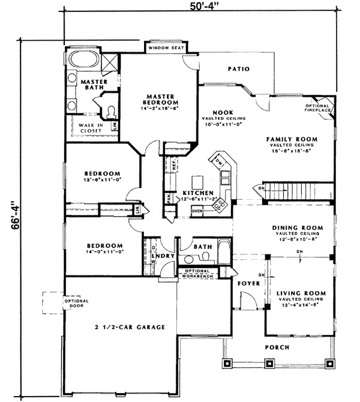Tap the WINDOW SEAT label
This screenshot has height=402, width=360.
tap(165, 47)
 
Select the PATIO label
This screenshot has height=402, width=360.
tap(238, 70)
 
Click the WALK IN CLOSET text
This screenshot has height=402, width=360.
tap(91, 127)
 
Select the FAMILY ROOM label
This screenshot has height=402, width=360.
tap(292, 139)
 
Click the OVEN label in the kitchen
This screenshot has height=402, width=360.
tap(197, 211)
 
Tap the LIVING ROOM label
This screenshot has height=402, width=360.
tap(301, 293)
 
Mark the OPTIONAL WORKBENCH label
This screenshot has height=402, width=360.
tap(202, 274)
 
